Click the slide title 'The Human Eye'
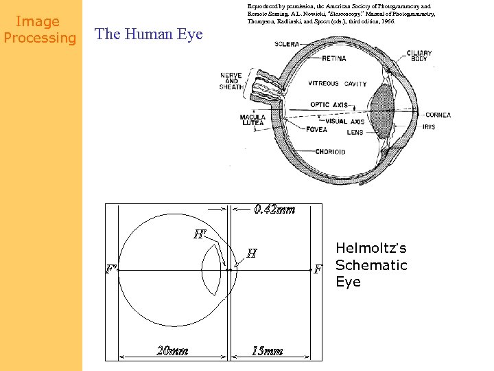[x=149, y=34]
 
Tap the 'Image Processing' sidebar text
[x=40, y=30]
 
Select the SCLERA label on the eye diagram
[x=287, y=45]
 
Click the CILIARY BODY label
[x=419, y=56]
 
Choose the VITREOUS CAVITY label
[x=338, y=84]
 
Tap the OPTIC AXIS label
[x=330, y=104]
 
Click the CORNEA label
[x=438, y=115]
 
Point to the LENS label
[x=355, y=132]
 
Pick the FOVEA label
[x=316, y=129]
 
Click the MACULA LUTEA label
[x=252, y=122]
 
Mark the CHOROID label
[x=330, y=152]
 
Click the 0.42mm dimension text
[x=274, y=210]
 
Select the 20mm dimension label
[x=172, y=351]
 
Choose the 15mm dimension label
[x=267, y=351]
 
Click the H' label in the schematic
[x=200, y=234]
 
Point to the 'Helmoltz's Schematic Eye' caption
[x=370, y=265]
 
